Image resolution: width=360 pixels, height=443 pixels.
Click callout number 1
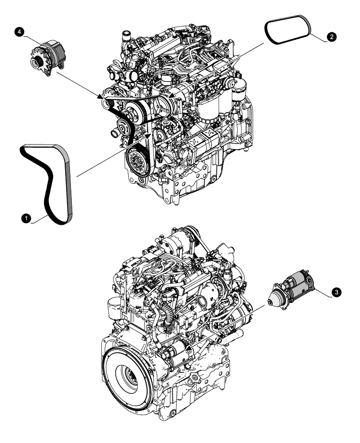(x=27, y=218)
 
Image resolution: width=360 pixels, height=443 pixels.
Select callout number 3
(x=337, y=292)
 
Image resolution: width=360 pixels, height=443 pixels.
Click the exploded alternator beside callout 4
(x=47, y=56)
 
